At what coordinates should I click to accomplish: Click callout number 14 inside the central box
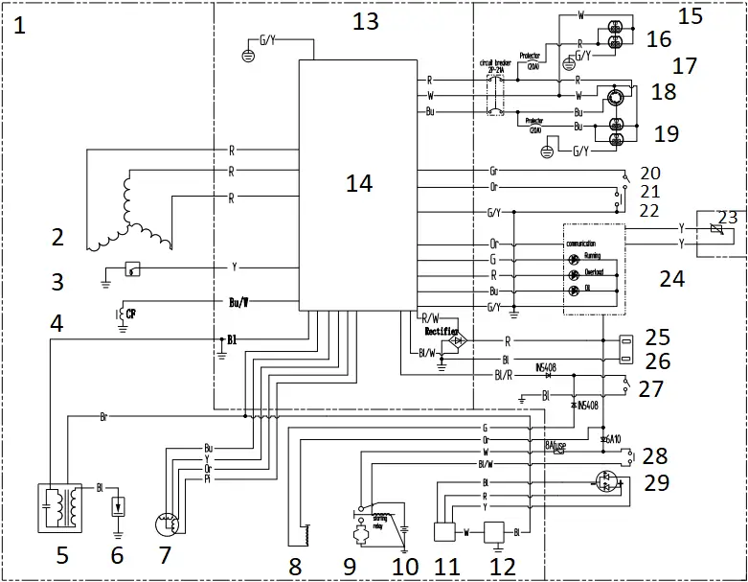(x=358, y=183)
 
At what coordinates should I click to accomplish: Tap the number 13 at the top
(x=366, y=22)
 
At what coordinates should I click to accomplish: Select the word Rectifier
(x=443, y=330)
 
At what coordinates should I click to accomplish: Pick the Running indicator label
(x=600, y=258)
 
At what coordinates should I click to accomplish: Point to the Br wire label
(x=103, y=417)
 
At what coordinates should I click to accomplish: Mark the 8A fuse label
(x=556, y=445)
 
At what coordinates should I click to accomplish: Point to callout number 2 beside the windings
(x=57, y=236)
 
